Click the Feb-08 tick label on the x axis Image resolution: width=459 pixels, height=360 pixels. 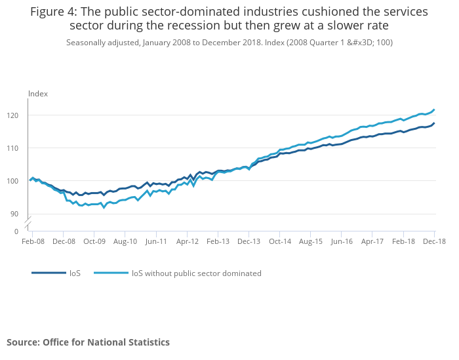(32, 241)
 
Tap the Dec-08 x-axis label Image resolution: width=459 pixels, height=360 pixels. (63, 241)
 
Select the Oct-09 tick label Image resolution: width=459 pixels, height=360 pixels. (94, 241)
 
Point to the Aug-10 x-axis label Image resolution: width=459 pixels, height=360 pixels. (125, 241)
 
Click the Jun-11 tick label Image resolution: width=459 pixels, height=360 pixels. (156, 241)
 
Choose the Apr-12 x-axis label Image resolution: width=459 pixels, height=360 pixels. (187, 241)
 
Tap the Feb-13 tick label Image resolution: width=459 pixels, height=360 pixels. (218, 241)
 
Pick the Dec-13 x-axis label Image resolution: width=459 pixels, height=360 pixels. (249, 241)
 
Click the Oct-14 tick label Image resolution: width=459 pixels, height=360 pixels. (280, 241)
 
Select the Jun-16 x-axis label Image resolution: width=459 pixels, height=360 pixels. (342, 241)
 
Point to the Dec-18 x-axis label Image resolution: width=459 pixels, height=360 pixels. (435, 241)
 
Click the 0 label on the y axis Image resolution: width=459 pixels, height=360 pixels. (17, 231)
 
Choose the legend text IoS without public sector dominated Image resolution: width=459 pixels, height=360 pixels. (197, 273)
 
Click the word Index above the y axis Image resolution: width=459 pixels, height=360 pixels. (38, 94)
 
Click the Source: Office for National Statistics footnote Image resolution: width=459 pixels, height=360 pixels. (88, 342)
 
